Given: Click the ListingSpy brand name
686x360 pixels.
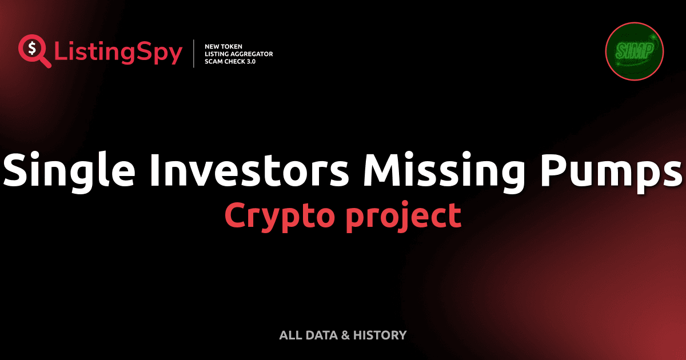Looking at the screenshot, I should pos(118,53).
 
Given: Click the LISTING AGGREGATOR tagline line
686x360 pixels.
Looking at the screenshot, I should pos(238,54).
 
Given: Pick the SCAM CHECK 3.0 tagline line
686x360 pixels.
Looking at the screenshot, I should pos(230,61).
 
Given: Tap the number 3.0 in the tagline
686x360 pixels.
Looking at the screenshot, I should pos(250,61).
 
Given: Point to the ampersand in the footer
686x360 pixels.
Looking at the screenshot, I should pos(345,335).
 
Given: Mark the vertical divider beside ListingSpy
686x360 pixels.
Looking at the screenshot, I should pos(195,53).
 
